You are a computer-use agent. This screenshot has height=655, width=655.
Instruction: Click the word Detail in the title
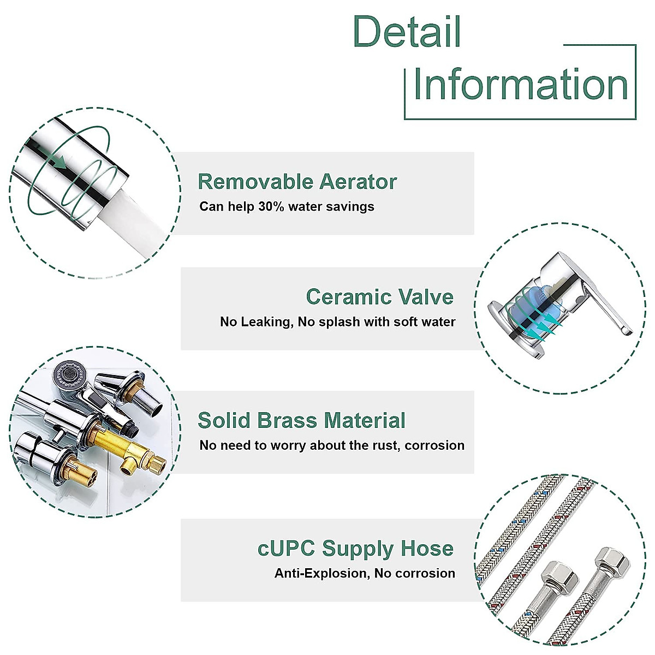pyautogui.click(x=407, y=32)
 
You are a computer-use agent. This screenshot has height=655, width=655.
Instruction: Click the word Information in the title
pyautogui.click(x=521, y=85)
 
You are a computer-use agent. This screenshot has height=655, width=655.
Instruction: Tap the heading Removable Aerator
pyautogui.click(x=297, y=182)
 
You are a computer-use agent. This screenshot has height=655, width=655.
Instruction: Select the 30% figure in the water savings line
pyautogui.click(x=271, y=207)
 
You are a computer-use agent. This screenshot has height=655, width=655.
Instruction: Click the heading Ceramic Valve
pyautogui.click(x=379, y=297)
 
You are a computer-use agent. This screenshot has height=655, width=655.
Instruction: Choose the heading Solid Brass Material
pyautogui.click(x=301, y=421)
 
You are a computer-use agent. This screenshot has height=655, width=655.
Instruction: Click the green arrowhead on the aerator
pyautogui.click(x=59, y=162)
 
